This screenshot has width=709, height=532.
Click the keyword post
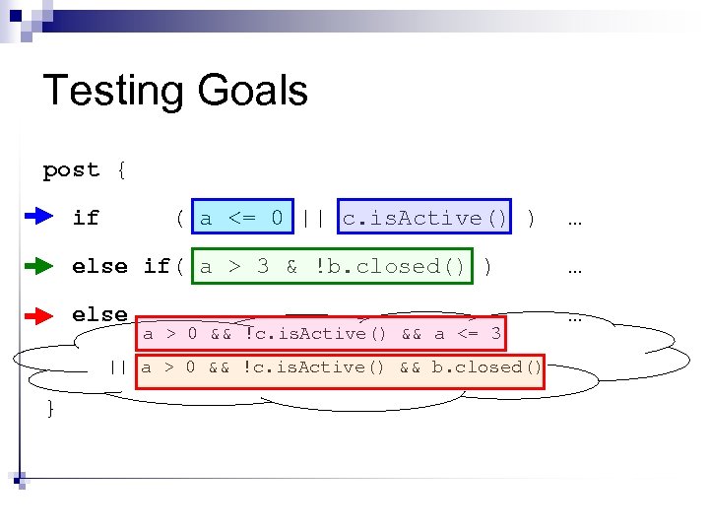coord(71,170)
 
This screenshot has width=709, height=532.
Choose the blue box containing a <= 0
coord(242,217)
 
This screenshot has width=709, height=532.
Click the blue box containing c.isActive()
coord(425,217)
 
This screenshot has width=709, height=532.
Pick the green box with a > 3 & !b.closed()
coord(334,266)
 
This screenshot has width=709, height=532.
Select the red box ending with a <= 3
coord(322,333)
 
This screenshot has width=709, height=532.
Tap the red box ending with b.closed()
coord(340,367)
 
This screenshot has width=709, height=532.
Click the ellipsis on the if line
coord(575,219)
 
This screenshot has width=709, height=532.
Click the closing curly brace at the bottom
coord(50,408)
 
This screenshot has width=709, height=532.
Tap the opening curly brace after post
coord(120,170)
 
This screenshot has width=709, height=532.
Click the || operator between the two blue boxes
coord(314,217)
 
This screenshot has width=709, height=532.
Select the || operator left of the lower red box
coord(118,367)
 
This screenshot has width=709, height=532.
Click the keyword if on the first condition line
coord(86,218)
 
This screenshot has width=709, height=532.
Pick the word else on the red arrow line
coord(99,314)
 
